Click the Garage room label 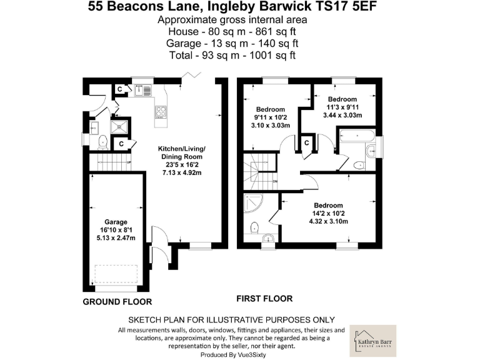pos(116,222)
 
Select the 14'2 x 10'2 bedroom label pos(328,205)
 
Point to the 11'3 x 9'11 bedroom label pos(342,99)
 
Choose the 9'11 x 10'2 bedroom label pos(270,109)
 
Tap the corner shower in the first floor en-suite pos(253,203)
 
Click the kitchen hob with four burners pos(161,113)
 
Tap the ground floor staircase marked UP pos(111,165)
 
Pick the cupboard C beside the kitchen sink pos(121,89)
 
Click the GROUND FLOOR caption pos(117,302)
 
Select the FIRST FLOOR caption pos(264,298)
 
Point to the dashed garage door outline pos(116,274)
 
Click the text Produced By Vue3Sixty pos(231,354)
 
